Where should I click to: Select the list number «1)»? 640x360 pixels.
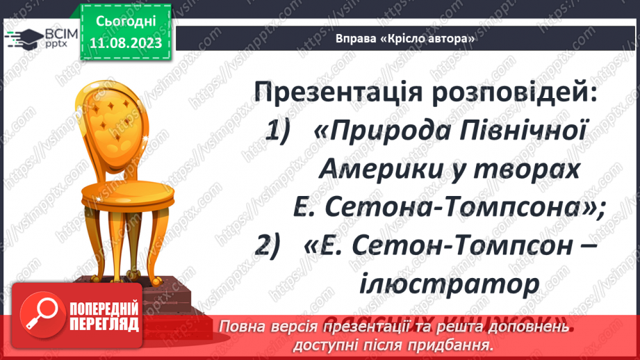click(281, 131)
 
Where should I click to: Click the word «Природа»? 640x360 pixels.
click(375, 131)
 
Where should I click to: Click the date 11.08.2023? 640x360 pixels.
click(125, 43)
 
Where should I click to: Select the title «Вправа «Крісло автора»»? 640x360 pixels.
click(405, 38)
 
